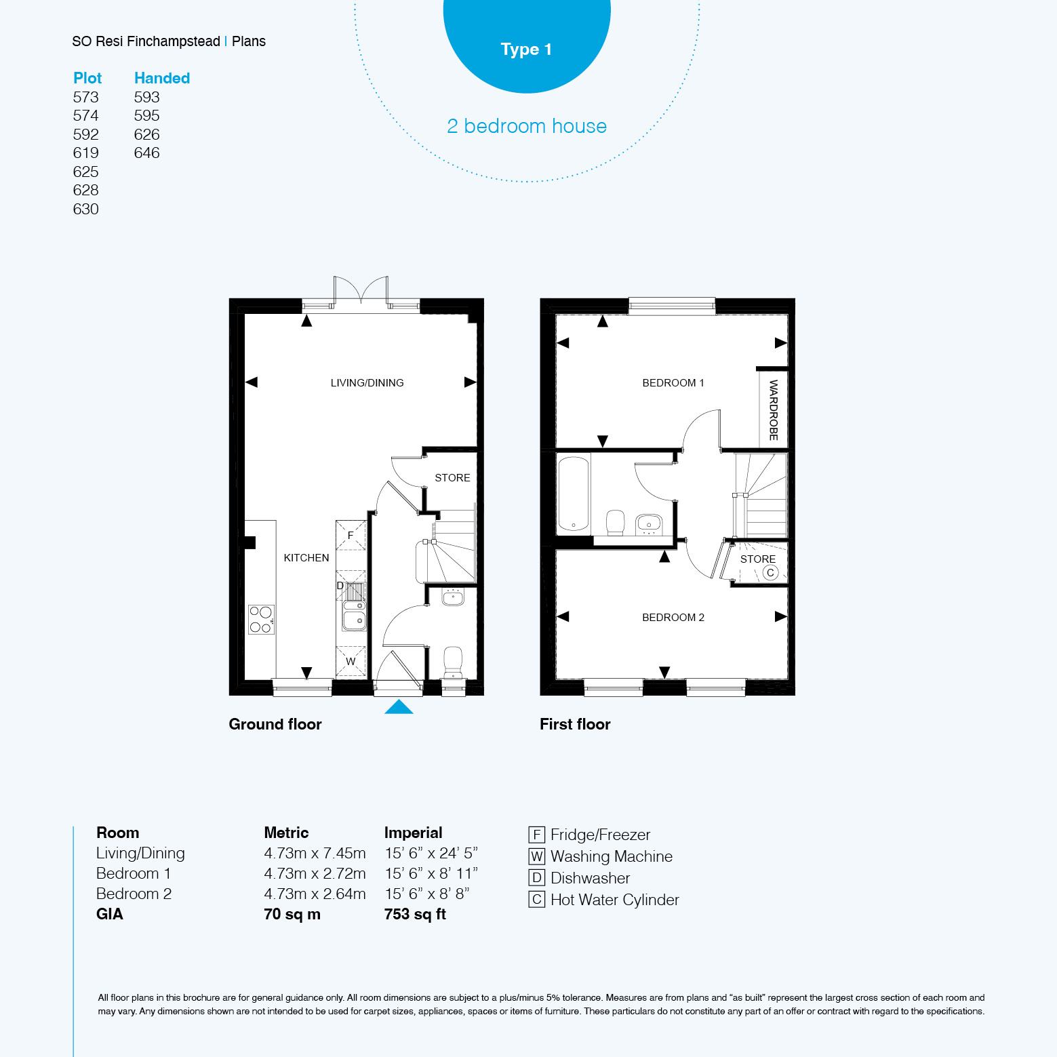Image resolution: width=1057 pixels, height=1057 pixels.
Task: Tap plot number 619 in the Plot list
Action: coord(86,153)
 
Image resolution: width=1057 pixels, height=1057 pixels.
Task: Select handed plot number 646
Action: coord(147,153)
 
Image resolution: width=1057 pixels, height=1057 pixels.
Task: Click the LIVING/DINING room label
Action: coord(367,383)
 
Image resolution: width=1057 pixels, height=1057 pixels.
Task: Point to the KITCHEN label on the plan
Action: coord(306,558)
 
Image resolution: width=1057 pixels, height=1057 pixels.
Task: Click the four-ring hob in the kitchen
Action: coord(261,619)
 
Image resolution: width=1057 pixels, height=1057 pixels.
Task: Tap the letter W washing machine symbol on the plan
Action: coord(351,661)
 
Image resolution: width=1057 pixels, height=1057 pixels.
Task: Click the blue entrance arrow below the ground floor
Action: coord(399,706)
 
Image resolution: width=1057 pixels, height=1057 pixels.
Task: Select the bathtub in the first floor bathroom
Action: coord(574,494)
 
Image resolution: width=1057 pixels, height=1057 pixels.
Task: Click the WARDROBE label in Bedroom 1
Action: coord(774,410)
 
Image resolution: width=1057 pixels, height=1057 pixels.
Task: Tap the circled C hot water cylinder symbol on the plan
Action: coord(770,573)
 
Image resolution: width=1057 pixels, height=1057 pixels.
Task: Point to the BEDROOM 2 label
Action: coord(673,618)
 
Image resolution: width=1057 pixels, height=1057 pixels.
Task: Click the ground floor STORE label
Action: coord(452,478)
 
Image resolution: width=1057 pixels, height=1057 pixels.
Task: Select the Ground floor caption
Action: coord(275,724)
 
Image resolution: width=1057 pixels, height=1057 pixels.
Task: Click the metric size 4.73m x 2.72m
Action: coord(315,873)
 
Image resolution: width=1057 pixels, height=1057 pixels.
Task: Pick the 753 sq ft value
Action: coord(415,914)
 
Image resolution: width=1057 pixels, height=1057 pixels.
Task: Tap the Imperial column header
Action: coord(413,833)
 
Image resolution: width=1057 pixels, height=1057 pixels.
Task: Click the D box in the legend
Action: coord(537,878)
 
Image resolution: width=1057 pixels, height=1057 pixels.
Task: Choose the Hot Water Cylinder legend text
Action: coord(615,900)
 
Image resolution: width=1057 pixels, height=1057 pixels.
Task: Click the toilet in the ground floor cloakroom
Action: coord(453,662)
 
